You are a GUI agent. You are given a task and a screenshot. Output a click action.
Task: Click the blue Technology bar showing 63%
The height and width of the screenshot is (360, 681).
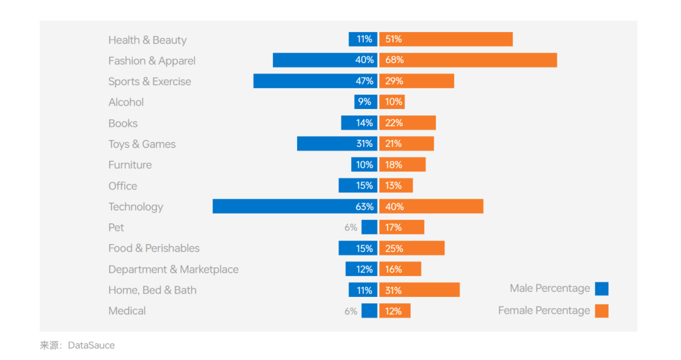294,206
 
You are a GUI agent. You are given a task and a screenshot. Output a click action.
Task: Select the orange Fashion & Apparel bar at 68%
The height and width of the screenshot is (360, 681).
468,60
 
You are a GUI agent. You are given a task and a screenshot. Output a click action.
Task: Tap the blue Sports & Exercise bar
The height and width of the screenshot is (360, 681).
315,81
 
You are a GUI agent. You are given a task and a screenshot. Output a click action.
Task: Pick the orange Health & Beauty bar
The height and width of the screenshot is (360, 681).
446,39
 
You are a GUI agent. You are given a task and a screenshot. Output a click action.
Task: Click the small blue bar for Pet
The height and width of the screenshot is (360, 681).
370,227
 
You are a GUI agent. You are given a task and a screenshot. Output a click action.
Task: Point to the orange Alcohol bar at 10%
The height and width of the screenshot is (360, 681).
392,102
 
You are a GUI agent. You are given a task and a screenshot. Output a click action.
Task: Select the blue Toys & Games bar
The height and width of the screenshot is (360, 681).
337,143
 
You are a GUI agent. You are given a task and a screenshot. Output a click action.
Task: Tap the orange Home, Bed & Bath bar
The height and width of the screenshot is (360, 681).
419,289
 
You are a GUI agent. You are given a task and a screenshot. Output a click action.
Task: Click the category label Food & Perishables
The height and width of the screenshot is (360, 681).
154,248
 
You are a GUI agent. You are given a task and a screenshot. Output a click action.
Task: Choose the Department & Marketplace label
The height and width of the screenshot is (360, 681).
173,269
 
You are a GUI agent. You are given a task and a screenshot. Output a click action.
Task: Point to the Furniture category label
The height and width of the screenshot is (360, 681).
130,165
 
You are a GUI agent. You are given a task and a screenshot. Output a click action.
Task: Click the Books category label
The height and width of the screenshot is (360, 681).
123,123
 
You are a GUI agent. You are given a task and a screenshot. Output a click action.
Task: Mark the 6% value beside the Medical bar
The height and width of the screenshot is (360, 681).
351,311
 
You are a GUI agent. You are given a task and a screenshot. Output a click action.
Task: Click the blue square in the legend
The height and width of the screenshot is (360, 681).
602,289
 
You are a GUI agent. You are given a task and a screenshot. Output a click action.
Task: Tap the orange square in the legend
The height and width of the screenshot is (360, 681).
602,310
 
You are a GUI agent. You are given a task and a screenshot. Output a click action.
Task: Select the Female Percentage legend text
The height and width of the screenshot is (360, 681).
544,310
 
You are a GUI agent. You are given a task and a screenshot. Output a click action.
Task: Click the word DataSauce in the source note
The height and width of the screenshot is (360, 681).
91,345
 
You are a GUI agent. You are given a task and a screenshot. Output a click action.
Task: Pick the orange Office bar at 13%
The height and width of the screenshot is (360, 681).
396,185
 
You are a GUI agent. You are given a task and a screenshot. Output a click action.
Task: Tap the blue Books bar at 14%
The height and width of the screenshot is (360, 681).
359,122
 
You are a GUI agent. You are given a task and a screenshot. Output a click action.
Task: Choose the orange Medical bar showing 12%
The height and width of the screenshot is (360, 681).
395,310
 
